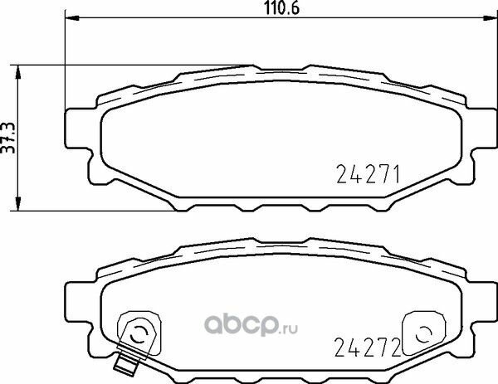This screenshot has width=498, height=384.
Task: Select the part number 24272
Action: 369,345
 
